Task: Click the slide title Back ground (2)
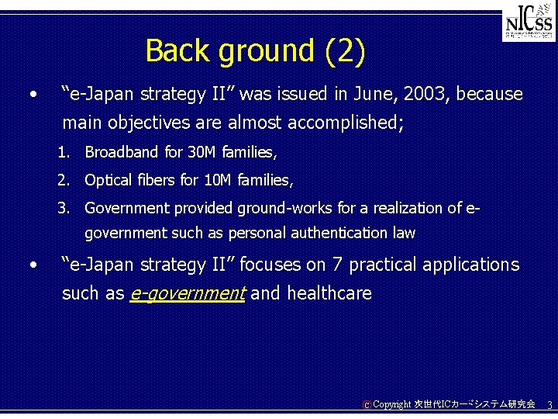(x=254, y=51)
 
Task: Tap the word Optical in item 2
(x=108, y=180)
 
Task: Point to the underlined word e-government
(x=188, y=293)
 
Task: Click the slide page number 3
(x=549, y=405)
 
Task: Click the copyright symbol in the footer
(x=366, y=405)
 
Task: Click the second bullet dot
(x=33, y=265)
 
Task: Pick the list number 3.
(x=62, y=208)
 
